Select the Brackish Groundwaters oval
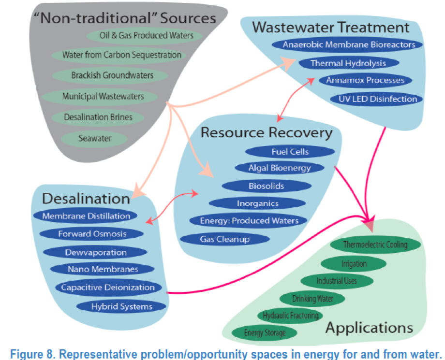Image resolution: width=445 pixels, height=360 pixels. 112,75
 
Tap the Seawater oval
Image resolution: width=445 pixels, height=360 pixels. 95,139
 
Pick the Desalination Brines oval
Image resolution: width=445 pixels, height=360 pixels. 98,117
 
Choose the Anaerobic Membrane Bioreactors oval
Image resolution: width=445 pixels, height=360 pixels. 349,44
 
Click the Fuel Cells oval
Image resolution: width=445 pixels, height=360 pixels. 290,152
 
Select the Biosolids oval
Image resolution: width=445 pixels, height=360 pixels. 266,186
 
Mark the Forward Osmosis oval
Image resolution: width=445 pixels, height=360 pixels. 92,234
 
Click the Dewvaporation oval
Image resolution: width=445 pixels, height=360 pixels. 96,252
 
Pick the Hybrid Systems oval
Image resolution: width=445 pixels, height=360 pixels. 121,306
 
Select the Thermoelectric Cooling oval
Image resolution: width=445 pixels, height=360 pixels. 375,244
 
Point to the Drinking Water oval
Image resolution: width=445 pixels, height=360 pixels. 312,299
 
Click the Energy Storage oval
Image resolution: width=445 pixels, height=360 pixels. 265,332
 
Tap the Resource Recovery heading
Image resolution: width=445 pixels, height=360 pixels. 267,132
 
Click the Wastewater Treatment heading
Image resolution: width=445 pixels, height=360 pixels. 331,27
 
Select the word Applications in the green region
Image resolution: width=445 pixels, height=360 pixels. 369,328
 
